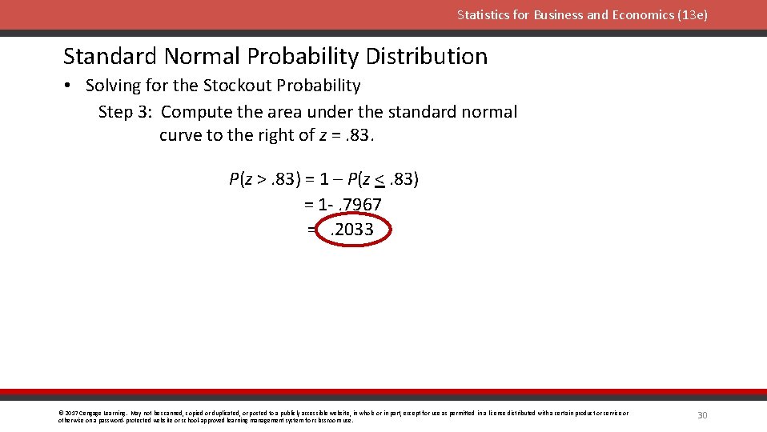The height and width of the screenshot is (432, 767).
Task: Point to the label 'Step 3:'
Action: (x=126, y=112)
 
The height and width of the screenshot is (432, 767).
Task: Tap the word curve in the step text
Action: (x=180, y=135)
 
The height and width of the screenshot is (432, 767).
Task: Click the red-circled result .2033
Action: (x=352, y=230)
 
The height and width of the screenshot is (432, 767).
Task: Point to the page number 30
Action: (x=703, y=414)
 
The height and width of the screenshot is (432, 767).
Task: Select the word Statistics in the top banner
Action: (x=483, y=14)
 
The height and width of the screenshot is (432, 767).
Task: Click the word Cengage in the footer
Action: (x=89, y=413)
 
